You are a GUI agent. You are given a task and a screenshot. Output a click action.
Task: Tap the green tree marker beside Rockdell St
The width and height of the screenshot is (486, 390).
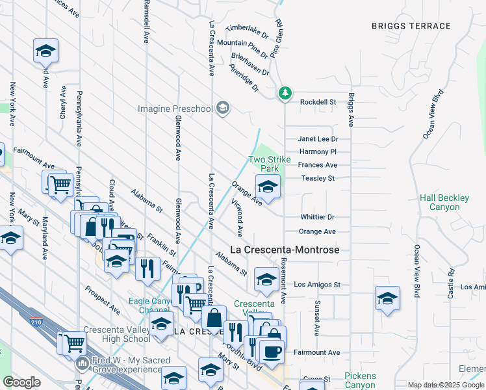tap(285, 94)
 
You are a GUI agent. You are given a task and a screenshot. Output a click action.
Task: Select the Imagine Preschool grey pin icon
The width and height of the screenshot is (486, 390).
tap(223, 108)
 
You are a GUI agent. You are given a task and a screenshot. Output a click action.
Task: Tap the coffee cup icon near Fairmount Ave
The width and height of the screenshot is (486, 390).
tap(271, 352)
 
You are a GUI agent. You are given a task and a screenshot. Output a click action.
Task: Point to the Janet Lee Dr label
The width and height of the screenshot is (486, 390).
tap(318, 138)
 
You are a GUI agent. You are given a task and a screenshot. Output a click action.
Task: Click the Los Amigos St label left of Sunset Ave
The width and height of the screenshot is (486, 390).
tap(317, 285)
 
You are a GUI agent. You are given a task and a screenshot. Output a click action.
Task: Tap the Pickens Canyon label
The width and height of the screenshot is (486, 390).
tap(360, 380)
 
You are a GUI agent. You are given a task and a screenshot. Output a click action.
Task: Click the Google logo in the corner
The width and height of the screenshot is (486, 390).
tap(21, 382)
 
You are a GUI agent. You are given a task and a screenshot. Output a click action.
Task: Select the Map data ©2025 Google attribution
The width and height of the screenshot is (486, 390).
tap(446, 385)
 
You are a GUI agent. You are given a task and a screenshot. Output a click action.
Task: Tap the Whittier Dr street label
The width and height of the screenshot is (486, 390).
tap(317, 217)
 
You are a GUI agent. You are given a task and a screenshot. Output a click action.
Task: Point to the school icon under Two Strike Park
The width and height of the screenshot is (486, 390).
tap(268, 186)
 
